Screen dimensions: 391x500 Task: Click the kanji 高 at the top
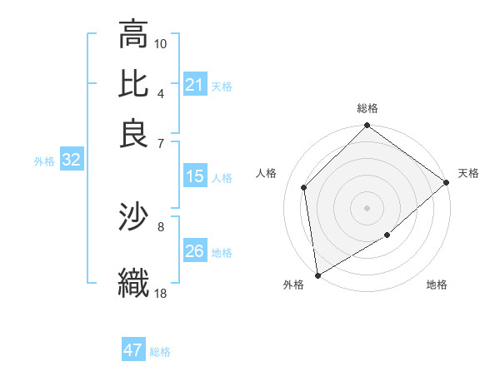pos(133,36)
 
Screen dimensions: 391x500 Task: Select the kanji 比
pos(133,85)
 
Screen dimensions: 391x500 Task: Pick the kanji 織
pos(133,281)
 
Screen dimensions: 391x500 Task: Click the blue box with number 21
pos(194,85)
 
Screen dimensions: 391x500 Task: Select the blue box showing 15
pos(194,176)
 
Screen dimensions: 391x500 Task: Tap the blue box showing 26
pos(194,251)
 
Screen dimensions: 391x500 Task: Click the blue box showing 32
pos(71,161)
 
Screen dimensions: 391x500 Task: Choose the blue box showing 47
pos(133,350)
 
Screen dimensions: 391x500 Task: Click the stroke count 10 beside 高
pos(161,43)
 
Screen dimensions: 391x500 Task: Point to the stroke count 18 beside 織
pos(161,293)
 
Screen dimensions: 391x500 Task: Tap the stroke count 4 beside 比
pos(161,93)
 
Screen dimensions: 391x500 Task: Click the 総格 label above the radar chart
pos(367,109)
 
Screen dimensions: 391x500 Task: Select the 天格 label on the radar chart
pos(468,173)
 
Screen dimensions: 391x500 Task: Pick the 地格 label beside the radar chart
pos(437,285)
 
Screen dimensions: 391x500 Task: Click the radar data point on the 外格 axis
pos(317,275)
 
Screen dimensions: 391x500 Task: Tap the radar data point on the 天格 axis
pos(447,182)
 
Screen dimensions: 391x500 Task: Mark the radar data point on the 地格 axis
pos(387,236)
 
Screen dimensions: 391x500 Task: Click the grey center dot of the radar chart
pos(367,208)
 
